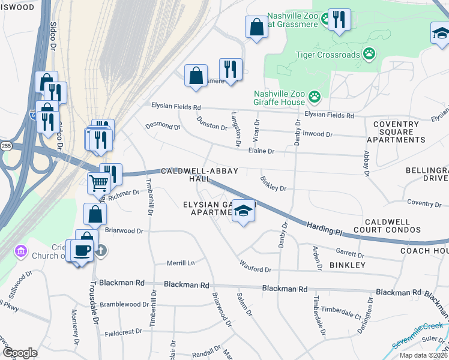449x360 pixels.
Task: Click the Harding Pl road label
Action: tap(324, 229)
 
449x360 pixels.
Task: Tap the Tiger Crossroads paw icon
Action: tap(370, 55)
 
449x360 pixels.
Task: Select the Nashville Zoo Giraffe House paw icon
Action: tap(314, 96)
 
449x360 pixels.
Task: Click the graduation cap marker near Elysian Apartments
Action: tap(243, 211)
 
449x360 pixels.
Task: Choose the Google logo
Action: tap(20, 353)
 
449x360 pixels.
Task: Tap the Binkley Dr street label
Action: tap(273, 184)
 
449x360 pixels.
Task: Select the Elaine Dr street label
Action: tap(261, 151)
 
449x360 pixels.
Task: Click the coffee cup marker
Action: tap(83, 250)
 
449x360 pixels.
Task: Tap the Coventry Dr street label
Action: tap(424, 203)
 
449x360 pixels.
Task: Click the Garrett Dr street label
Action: tap(351, 253)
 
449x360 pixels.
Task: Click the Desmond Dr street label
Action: tap(163, 127)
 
